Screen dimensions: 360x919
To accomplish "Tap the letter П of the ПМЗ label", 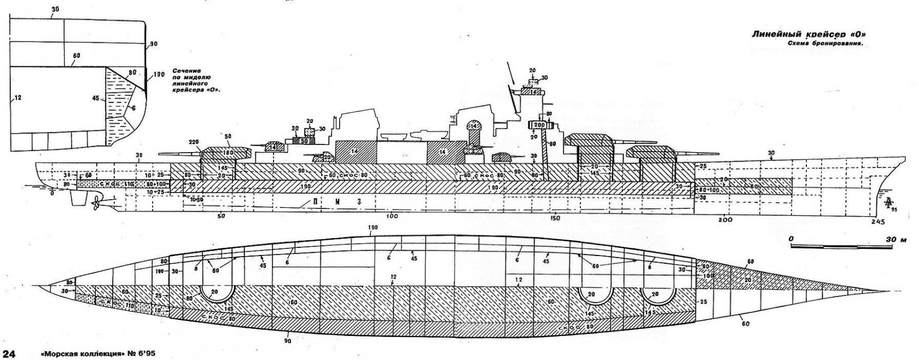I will click(316, 201).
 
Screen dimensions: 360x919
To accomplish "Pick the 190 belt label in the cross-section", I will click(159, 74).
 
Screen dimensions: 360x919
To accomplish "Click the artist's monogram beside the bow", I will click(889, 204).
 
